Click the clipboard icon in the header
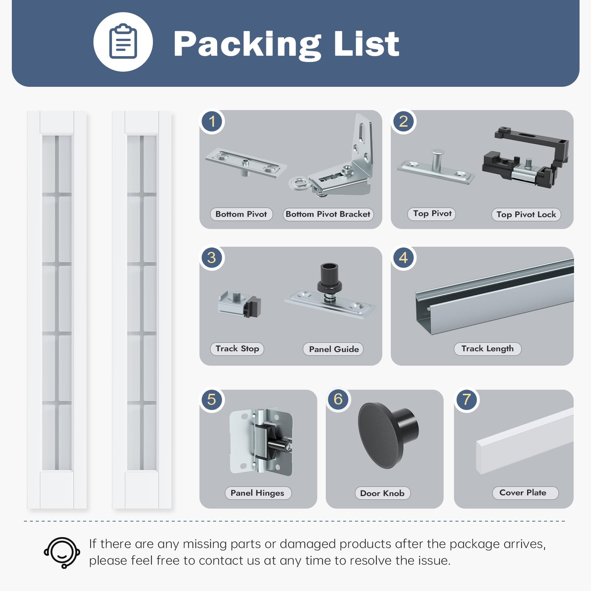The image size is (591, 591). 123,41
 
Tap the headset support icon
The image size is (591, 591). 62,552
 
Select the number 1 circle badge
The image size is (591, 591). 212,121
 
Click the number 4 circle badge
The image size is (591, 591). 403,258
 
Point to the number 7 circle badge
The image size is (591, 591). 467,399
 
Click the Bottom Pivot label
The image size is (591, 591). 241,214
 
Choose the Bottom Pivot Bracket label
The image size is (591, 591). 328,214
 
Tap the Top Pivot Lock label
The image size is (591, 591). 526,215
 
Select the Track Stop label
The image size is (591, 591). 237,349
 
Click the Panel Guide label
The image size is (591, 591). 334,349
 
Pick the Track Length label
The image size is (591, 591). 488,349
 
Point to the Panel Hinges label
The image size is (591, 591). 258,493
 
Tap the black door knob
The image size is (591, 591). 388,435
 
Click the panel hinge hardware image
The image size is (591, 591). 261,441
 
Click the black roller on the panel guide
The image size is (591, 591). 329,277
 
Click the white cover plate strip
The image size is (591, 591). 525,441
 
